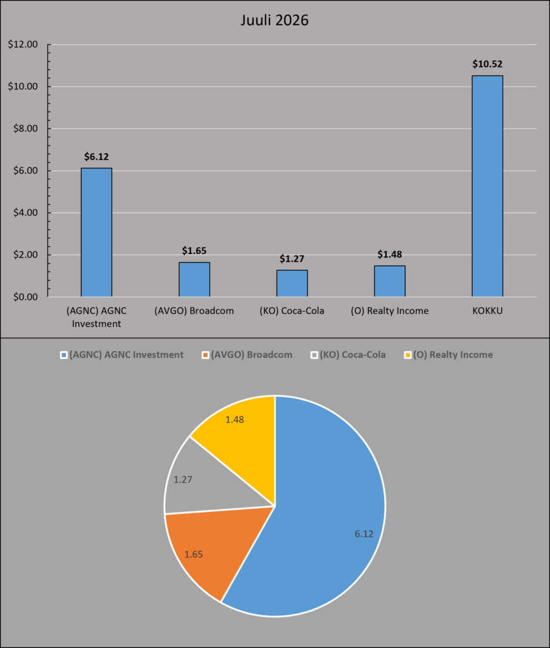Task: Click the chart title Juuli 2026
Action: (275, 20)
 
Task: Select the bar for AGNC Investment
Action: (96, 232)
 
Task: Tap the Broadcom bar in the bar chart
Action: (194, 279)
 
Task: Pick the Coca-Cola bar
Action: (292, 283)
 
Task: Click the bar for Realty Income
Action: (390, 282)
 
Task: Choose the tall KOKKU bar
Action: (487, 186)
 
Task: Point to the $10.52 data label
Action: (487, 64)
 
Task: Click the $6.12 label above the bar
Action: (96, 157)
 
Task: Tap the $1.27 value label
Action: (292, 259)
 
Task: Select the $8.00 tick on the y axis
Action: (25, 128)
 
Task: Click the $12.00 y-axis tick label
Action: (23, 44)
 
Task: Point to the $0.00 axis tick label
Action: (25, 297)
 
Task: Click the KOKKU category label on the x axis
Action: (487, 311)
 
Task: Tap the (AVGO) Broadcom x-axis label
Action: (194, 311)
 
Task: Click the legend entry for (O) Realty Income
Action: (448, 354)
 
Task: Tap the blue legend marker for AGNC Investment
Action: (64, 355)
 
